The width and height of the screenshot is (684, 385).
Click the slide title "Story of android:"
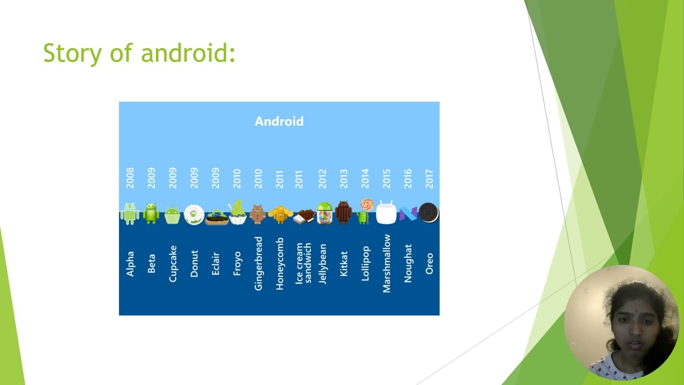pos(139,53)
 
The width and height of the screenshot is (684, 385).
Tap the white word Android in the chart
pos(279,121)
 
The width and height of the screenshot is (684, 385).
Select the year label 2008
pos(130,178)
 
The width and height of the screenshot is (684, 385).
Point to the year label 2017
pos(429,178)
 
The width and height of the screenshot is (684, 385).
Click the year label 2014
pos(365,178)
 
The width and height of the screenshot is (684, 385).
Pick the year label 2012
pos(322,178)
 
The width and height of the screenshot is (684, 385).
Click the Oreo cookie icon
pos(429,213)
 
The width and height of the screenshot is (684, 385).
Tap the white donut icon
pos(193,214)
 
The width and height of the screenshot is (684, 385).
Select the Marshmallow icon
pos(386,212)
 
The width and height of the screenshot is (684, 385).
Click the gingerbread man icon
pos(258,214)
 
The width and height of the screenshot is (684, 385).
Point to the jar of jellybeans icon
pos(324,213)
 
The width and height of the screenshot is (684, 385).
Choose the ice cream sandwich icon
pos(304,216)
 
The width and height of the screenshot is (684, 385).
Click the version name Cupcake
pos(173,264)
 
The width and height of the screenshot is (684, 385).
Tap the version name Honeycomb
pos(279,264)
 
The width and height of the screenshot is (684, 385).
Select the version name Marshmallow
pos(386,264)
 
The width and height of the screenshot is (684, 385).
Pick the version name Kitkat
pos(344,264)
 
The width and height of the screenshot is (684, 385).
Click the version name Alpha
pos(130,264)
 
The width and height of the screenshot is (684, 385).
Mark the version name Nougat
pos(408,264)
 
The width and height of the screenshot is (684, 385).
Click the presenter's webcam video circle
pos(620,324)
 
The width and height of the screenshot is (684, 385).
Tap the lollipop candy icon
pos(366,205)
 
